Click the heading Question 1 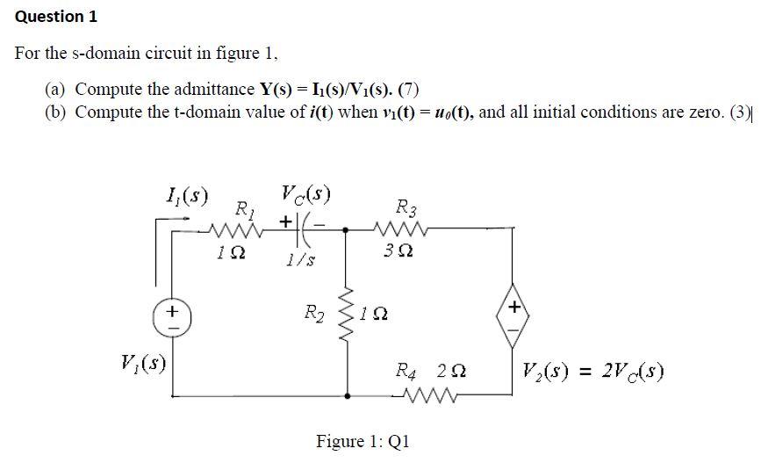[x=56, y=17]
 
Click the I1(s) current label [x=186, y=194]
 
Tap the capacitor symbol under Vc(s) [x=300, y=227]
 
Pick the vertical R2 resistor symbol [x=347, y=315]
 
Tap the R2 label [x=313, y=312]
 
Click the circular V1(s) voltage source [x=173, y=316]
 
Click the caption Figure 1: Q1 [x=363, y=441]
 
